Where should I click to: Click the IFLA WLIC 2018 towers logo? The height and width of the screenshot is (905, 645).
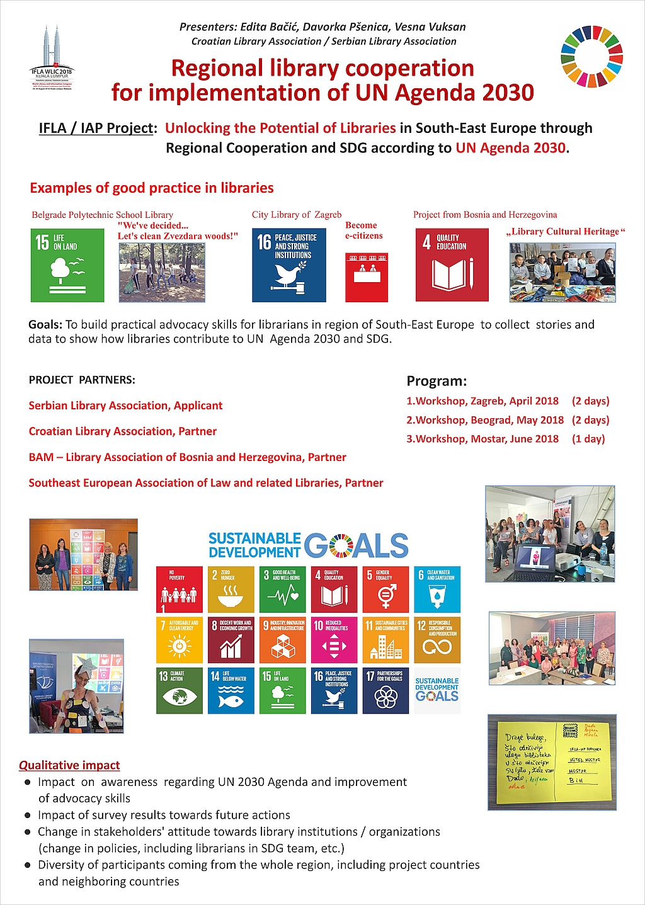[x=52, y=57]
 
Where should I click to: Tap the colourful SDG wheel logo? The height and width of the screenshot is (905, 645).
[x=591, y=57]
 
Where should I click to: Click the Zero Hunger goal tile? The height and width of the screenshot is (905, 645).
[x=231, y=589]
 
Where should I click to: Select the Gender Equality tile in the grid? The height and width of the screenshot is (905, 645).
[x=386, y=589]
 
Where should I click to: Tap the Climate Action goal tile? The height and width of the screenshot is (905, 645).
[x=180, y=690]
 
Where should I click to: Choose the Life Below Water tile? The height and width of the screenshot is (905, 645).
[x=231, y=690]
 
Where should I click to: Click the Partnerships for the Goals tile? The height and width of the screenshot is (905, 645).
[x=386, y=690]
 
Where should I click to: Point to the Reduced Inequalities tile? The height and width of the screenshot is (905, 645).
[x=334, y=640]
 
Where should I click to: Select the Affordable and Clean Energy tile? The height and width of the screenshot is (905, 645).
[x=180, y=640]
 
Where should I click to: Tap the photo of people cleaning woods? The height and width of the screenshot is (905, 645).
[x=162, y=272]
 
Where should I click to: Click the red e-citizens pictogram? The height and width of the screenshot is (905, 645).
[x=367, y=277]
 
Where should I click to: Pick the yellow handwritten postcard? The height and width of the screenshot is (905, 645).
[x=552, y=761]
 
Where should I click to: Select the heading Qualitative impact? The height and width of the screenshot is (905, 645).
[x=69, y=765]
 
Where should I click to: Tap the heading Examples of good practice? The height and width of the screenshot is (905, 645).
[x=152, y=188]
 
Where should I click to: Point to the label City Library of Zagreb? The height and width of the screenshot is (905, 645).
[x=297, y=215]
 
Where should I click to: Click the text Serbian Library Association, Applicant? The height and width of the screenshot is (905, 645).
[x=125, y=406]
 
